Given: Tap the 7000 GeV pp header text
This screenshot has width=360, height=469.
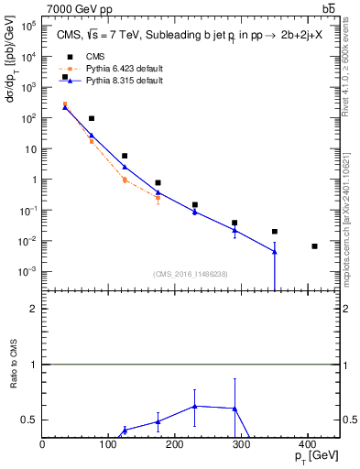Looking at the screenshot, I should [81, 9].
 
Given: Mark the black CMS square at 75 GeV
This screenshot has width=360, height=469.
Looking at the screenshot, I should [92, 119].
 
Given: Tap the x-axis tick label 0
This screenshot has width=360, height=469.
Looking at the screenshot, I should [43, 443].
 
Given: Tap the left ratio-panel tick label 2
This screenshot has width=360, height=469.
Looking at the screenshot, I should [34, 309].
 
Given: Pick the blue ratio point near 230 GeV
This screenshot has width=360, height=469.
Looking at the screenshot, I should [195, 406].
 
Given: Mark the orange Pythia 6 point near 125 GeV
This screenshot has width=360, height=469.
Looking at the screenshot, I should [125, 180].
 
